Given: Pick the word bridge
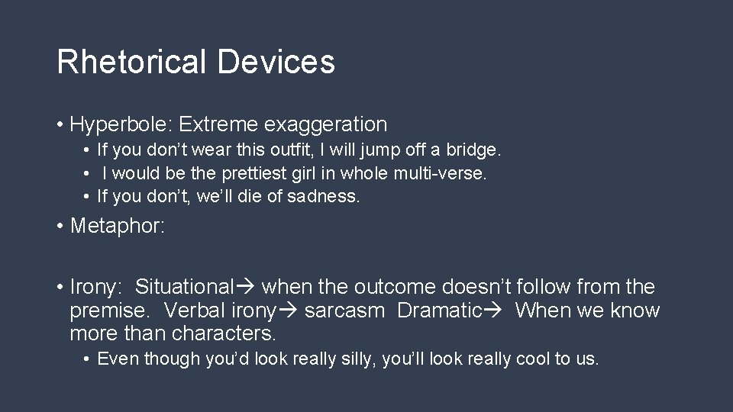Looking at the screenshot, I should [474, 151].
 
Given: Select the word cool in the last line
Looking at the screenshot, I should [535, 359].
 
